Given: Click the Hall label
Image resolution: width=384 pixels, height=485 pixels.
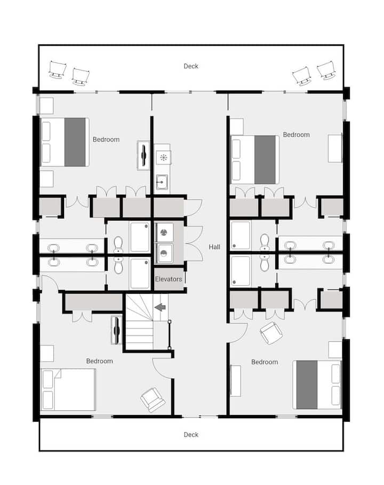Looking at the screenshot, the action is point(214,247).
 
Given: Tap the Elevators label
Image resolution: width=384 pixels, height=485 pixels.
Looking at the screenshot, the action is point(169,279).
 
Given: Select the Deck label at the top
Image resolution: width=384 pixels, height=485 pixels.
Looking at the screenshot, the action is point(191,66).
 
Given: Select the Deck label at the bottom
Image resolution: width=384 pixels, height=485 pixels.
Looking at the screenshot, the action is point(191,435).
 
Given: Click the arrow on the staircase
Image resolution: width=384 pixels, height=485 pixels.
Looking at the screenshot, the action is point(160,307).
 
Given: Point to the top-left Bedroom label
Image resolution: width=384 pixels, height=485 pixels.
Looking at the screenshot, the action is point(106,139).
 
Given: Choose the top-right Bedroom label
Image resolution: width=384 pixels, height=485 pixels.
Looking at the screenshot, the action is point(296,135).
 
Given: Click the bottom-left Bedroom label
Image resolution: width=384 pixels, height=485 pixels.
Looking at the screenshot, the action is point(100,361).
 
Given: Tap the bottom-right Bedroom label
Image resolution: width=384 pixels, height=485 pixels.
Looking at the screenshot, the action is point(265,362).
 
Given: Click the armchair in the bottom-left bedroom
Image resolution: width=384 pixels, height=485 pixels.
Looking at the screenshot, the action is point(153,400).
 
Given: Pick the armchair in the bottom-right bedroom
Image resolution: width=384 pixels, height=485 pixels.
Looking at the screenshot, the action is point(271,333).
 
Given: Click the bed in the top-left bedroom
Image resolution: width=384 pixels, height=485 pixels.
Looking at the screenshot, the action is point(65,142).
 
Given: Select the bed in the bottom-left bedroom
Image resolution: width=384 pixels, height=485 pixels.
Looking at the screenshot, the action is point(68,389).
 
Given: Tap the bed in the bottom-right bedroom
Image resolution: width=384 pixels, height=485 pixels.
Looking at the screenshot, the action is point(317,385).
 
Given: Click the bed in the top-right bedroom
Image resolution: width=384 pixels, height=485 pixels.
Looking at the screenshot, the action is point(255,160).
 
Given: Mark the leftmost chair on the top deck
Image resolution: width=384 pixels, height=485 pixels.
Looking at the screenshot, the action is point(58,70).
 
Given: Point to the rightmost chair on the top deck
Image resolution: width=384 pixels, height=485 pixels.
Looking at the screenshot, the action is point(326,71).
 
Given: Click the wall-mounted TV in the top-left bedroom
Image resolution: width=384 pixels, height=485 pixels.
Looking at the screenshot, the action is point(143,155).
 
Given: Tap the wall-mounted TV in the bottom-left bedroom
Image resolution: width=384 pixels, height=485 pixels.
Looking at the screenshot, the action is point(116,330).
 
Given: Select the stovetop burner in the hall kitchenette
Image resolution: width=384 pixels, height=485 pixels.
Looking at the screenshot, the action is point(163,158).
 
